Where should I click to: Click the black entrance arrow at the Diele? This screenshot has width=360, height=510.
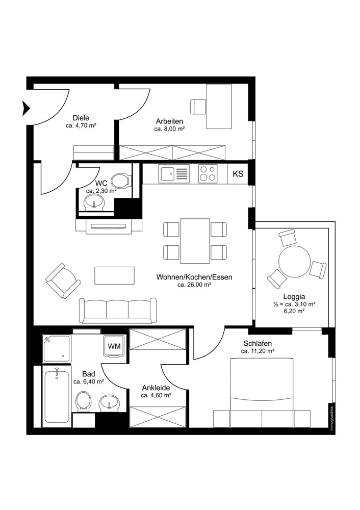point(26,108)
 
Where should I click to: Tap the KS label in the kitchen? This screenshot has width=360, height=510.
point(238,174)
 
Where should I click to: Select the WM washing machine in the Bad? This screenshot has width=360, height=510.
point(114,347)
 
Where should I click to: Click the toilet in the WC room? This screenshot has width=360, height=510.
point(120,181)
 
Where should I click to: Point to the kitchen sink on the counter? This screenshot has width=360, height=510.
point(174,174)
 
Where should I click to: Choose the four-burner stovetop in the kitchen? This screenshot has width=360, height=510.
point(208,174)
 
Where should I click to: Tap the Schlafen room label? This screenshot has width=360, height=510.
point(258,343)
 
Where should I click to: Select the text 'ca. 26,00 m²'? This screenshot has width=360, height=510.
point(194,285)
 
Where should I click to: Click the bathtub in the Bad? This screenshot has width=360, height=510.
point(57,395)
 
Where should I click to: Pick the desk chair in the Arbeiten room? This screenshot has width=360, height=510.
point(198,107)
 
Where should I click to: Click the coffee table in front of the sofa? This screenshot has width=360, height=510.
point(114,275)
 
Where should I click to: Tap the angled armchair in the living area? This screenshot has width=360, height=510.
point(63,281)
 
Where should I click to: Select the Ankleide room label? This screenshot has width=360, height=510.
point(156,388)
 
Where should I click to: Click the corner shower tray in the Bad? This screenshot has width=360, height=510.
point(57,349)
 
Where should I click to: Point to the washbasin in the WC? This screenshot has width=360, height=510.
point(94,202)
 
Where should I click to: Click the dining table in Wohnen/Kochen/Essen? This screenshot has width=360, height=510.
point(195,241)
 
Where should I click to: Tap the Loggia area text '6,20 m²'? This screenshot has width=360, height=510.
point(294,311)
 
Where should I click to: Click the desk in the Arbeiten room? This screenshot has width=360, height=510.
point(219,107)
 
